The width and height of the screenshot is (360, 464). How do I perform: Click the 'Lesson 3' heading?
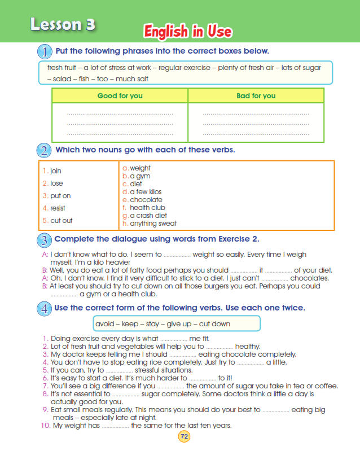(63, 24)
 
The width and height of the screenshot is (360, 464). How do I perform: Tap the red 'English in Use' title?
(187, 32)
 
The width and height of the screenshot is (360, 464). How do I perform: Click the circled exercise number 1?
(45, 52)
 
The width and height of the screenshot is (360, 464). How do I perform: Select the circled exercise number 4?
(45, 309)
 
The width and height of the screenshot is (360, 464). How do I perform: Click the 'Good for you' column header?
(120, 96)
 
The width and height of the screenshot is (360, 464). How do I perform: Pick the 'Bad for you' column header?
(256, 96)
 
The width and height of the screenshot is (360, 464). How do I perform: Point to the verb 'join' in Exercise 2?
(55, 170)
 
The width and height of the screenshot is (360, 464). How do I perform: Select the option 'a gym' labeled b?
(139, 176)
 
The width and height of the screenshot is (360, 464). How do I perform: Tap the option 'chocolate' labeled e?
(146, 200)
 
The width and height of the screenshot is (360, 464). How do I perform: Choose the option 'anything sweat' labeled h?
(153, 224)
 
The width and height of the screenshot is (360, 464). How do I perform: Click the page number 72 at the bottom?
(184, 436)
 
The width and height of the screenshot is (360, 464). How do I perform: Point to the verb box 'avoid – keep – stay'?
(177, 324)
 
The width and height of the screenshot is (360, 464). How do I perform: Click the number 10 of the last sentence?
(46, 426)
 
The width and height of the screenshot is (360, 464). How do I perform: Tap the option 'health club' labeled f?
(147, 208)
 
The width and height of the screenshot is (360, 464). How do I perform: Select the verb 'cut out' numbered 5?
(61, 221)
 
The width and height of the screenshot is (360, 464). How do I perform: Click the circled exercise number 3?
(45, 240)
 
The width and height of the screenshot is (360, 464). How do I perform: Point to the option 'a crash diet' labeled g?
(148, 216)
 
